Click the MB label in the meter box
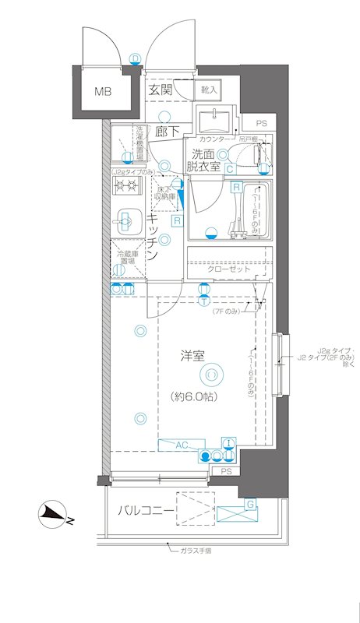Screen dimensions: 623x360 103,92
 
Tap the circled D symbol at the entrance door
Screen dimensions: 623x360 135,58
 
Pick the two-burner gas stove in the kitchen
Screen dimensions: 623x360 125,186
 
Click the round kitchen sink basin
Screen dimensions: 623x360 124,220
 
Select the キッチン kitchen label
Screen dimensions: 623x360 154,238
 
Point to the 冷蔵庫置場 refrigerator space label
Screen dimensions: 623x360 125,259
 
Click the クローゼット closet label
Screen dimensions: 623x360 228,269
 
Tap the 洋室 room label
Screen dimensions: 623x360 192,357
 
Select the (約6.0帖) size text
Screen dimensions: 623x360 194,396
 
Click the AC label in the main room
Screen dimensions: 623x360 181,445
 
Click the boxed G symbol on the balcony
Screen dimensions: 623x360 249,505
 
